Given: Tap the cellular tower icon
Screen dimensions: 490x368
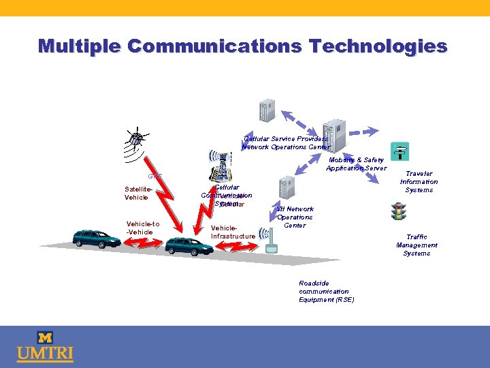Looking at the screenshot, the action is click(222, 164).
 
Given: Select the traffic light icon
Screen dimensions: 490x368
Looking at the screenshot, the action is click(398, 212).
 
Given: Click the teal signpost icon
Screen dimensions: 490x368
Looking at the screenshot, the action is click(398, 151).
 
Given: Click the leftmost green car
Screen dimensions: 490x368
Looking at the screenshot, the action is click(97, 237).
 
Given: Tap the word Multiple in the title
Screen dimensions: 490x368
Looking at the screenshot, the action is click(78, 46).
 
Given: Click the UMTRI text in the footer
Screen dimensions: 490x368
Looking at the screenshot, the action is click(45, 354).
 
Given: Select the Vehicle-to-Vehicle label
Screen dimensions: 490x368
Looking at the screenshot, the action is click(143, 228).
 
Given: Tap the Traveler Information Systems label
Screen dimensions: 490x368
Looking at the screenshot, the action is click(419, 182).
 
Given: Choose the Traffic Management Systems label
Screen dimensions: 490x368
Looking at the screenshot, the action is click(416, 245).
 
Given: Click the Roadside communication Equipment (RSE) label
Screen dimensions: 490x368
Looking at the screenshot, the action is click(326, 292).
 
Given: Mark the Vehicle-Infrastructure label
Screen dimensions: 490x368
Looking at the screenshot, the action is click(233, 232).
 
